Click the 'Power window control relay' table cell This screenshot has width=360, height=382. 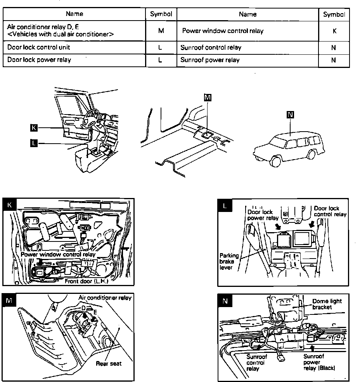(223, 31)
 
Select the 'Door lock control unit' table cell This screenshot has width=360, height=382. (38, 48)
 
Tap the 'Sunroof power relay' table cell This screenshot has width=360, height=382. (210, 60)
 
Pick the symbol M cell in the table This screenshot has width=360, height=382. (161, 31)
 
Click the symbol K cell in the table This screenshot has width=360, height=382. (334, 31)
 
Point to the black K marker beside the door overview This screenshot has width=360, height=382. (34, 127)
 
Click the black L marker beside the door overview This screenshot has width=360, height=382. (34, 143)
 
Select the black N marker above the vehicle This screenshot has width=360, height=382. (290, 114)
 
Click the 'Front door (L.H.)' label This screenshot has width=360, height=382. (86, 281)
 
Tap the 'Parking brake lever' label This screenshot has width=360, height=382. (229, 262)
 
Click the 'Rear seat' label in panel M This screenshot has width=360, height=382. (109, 363)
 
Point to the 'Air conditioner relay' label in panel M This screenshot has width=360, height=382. (105, 298)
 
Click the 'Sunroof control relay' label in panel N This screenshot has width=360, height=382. (256, 362)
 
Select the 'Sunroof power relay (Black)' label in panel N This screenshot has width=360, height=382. (319, 362)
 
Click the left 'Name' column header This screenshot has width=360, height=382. (74, 14)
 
